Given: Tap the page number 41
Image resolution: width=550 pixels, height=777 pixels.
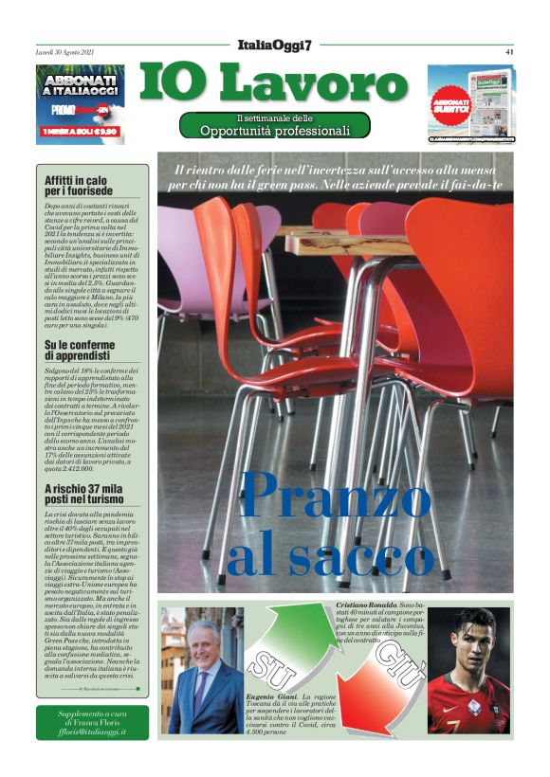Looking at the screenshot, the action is coord(509,52).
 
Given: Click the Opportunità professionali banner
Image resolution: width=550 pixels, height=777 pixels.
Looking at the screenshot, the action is coord(275,125).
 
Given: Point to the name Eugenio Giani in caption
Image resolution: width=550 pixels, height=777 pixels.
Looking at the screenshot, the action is coord(271,696).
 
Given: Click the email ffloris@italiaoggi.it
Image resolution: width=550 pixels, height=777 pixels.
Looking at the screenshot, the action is coord(92,732).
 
